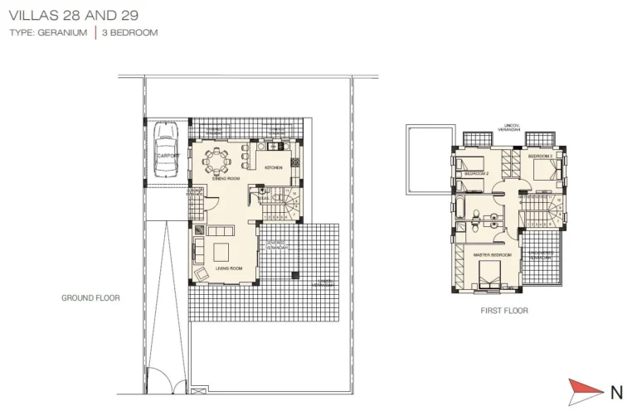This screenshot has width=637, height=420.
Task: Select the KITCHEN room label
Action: pyautogui.click(x=274, y=167)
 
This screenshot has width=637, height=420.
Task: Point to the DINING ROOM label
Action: pyautogui.click(x=226, y=178)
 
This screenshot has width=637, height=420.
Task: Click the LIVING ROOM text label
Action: pyautogui.click(x=229, y=268)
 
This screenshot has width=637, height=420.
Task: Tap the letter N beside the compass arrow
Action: pyautogui.click(x=616, y=392)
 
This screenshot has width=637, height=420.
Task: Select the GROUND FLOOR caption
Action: pyautogui.click(x=91, y=298)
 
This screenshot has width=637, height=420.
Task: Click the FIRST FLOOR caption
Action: pyautogui.click(x=504, y=311)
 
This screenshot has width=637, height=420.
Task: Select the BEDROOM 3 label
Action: pyautogui.click(x=540, y=156)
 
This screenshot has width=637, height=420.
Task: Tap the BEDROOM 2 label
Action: pyautogui.click(x=476, y=174)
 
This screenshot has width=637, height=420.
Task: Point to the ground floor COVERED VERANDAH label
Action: pyautogui.click(x=276, y=245)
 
